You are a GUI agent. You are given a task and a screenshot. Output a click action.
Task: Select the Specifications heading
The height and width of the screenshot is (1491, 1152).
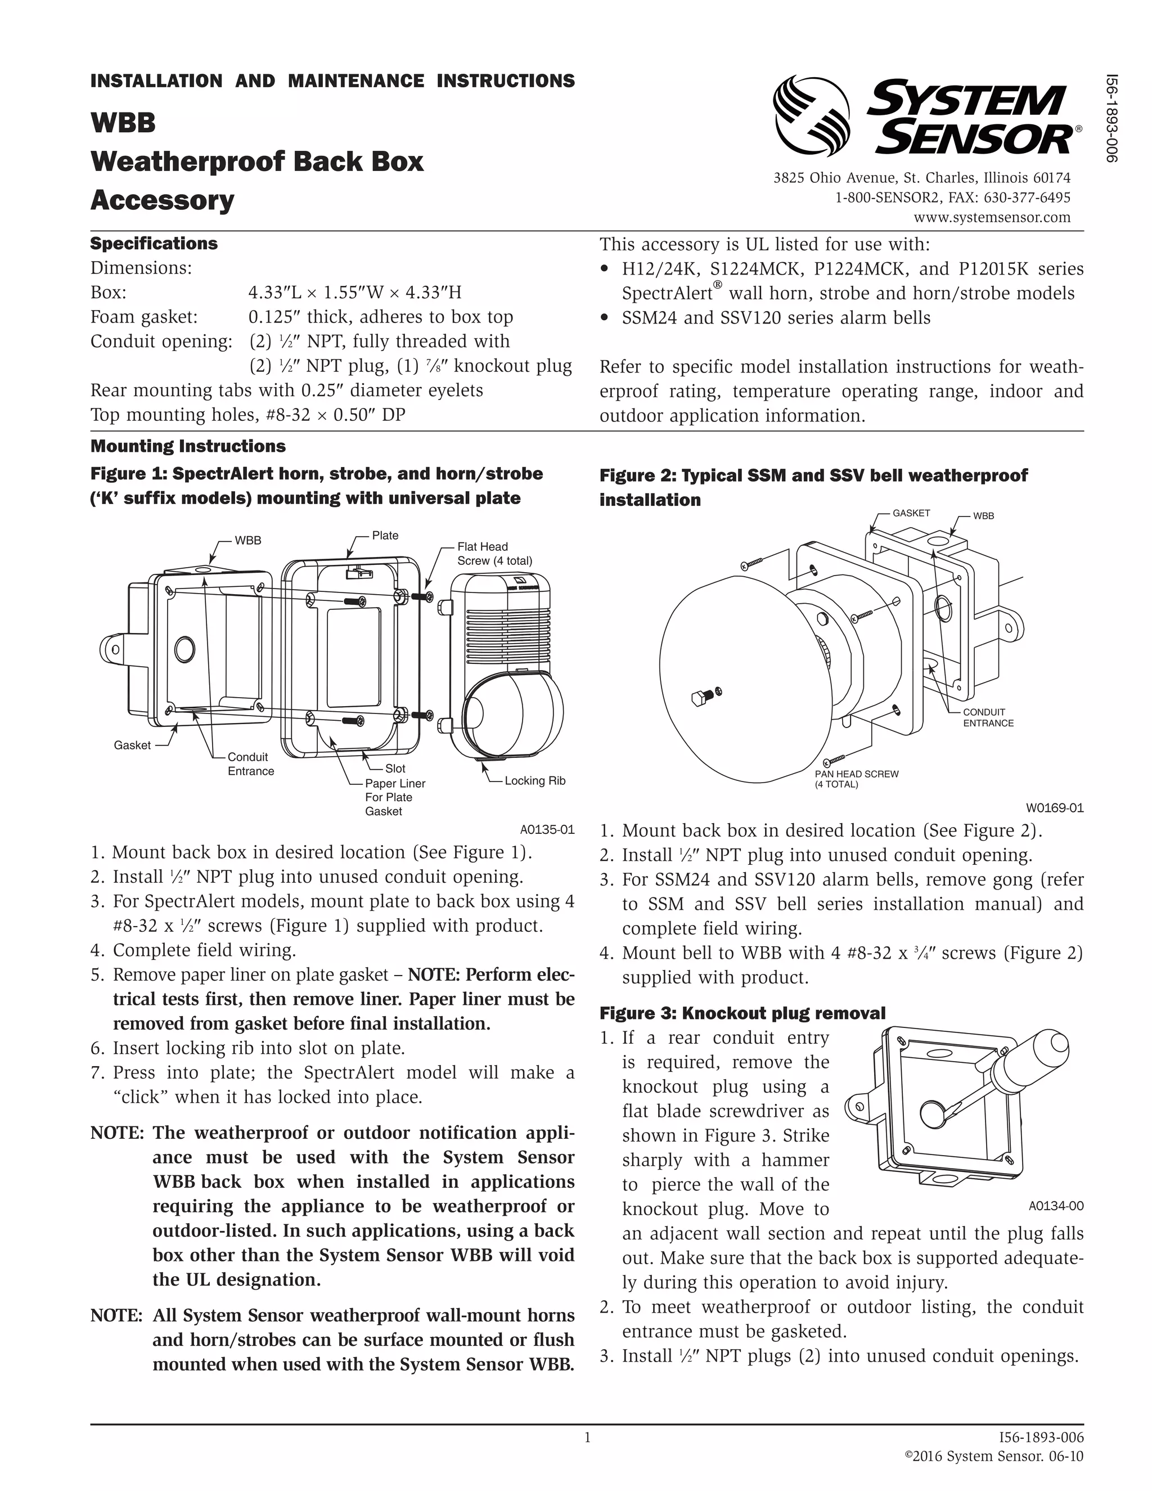point(154,244)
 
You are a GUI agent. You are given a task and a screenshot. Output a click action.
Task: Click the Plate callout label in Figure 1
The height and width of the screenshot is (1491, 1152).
point(385,535)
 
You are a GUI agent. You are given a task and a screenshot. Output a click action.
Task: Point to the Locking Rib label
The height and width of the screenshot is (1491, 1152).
point(534,780)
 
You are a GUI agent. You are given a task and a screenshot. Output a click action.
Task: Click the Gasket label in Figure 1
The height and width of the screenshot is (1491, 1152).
point(132,745)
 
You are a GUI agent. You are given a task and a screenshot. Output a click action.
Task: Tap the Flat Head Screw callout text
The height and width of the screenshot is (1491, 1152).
point(494,554)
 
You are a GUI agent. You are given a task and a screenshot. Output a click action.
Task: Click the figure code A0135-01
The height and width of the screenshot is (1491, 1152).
point(547,829)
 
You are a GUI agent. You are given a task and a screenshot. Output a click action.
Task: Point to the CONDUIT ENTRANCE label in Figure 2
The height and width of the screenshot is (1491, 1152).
point(988,717)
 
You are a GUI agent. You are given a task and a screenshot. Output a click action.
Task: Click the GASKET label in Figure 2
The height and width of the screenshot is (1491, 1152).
point(911,513)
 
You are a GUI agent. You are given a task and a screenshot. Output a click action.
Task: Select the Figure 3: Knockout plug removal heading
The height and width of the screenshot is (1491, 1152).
point(742,1013)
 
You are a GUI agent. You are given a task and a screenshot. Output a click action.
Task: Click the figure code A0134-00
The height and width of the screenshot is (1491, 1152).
point(1055,1206)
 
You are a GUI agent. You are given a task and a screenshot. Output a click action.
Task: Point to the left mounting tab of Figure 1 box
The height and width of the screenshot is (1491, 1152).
point(115,649)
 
